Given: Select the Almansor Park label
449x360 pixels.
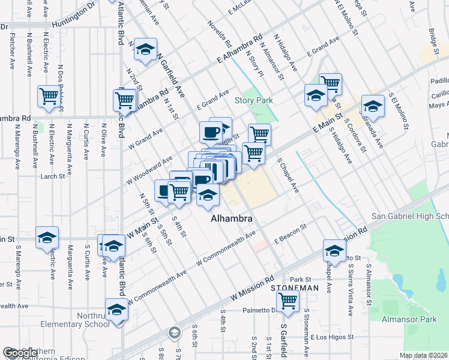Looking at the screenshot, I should tap(411, 320).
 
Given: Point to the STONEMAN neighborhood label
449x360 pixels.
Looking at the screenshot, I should tap(294, 288).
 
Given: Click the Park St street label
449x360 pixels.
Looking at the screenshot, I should tap(300, 280).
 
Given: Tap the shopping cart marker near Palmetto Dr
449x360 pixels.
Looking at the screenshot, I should tap(288, 300).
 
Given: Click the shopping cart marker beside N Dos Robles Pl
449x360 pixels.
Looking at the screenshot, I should tap(49, 97).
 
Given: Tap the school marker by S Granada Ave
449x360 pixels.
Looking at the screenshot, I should tap(373, 106).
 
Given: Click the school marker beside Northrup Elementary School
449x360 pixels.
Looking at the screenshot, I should tap(117, 310).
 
